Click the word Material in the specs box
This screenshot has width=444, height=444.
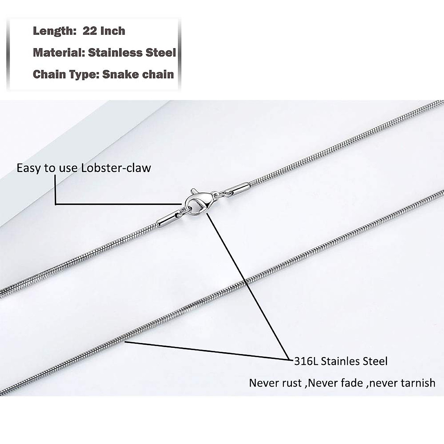coord(59,53)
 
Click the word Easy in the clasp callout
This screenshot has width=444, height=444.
coord(29,168)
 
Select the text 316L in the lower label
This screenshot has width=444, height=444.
coord(306,361)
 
